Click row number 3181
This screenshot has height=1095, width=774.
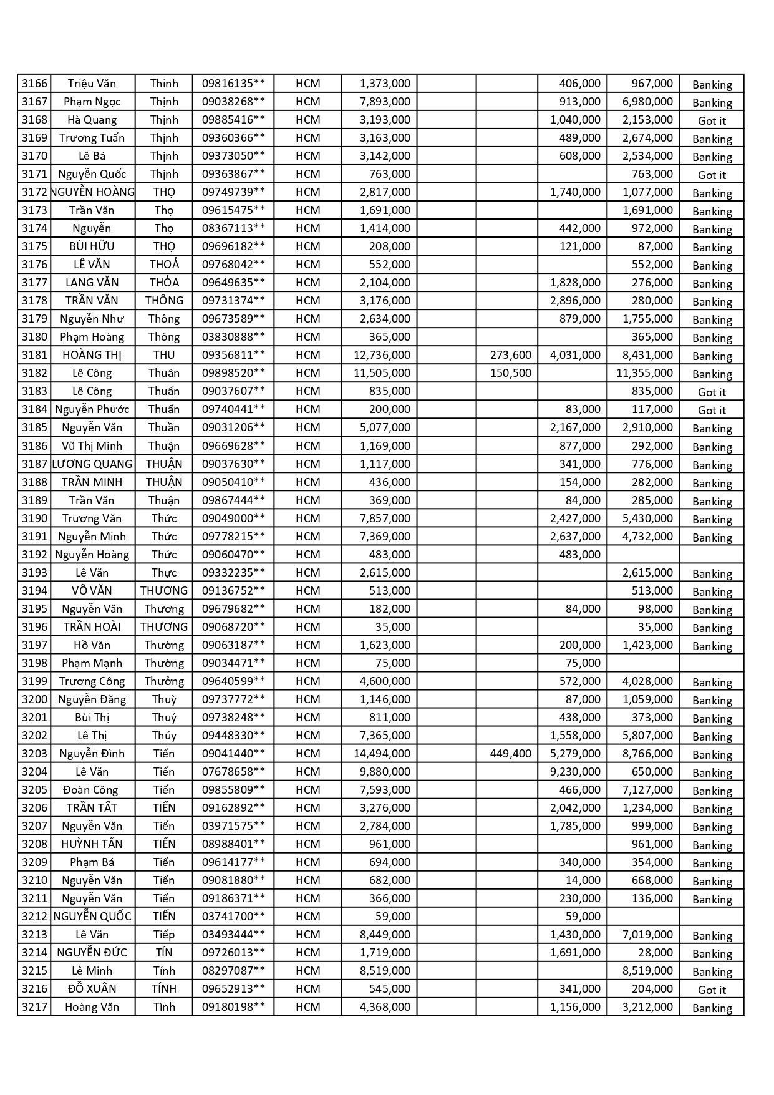(x=34, y=355)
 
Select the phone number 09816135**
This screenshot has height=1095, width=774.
(x=233, y=84)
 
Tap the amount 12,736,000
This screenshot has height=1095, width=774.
(x=382, y=355)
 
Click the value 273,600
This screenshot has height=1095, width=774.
(x=510, y=355)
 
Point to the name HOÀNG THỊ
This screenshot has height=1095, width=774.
(x=92, y=355)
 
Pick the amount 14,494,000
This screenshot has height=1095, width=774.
(x=382, y=754)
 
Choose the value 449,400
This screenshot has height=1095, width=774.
(x=510, y=754)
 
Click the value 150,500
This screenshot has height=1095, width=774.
(x=510, y=373)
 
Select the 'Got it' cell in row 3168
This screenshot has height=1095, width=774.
(x=712, y=120)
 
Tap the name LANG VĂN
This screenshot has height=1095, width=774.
(x=92, y=283)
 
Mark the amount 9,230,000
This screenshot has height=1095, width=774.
(x=575, y=772)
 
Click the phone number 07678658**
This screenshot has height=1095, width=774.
(x=233, y=772)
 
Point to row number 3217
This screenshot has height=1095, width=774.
(x=34, y=1007)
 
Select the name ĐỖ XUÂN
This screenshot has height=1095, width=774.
(x=92, y=989)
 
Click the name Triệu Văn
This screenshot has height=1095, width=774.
(x=92, y=84)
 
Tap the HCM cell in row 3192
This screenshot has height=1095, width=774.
(x=307, y=555)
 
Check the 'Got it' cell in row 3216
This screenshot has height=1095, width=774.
(x=712, y=990)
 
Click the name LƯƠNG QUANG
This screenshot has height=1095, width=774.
(x=92, y=464)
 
